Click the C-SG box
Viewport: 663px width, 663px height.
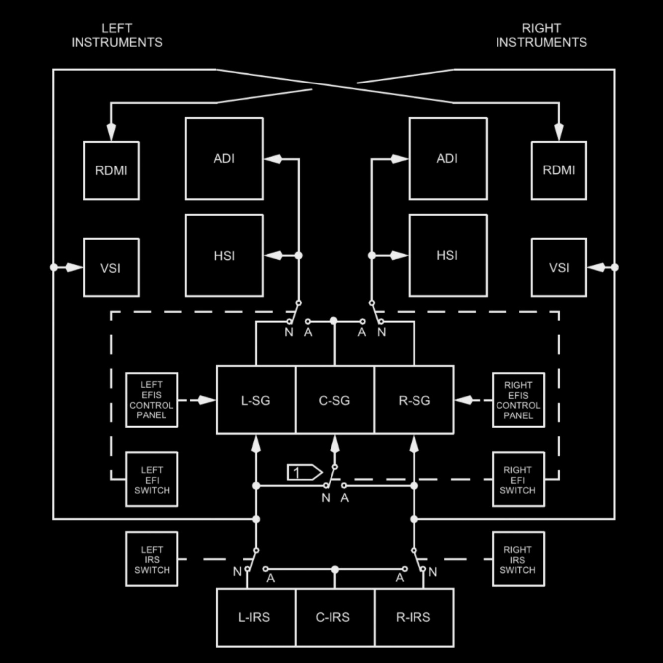pos(334,400)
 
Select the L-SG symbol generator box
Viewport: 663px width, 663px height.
pos(256,400)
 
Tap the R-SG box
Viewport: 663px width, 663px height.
pos(414,400)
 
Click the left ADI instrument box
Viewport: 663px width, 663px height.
pos(224,159)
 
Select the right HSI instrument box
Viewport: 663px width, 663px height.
pos(447,255)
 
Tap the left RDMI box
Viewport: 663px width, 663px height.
pos(111,170)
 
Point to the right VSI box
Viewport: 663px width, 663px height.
pos(559,267)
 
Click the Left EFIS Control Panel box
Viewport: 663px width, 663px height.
pos(152,400)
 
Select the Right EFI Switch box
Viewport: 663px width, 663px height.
pos(518,480)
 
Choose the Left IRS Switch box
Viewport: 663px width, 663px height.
pos(152,559)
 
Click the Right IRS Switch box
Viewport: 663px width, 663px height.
pos(518,559)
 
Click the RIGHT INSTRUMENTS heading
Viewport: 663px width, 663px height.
pos(541,35)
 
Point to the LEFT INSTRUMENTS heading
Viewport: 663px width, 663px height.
pos(117,35)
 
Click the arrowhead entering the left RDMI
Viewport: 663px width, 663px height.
pos(111,132)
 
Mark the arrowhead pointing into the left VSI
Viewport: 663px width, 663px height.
pos(74,267)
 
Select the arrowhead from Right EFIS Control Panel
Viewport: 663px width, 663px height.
pos(464,400)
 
